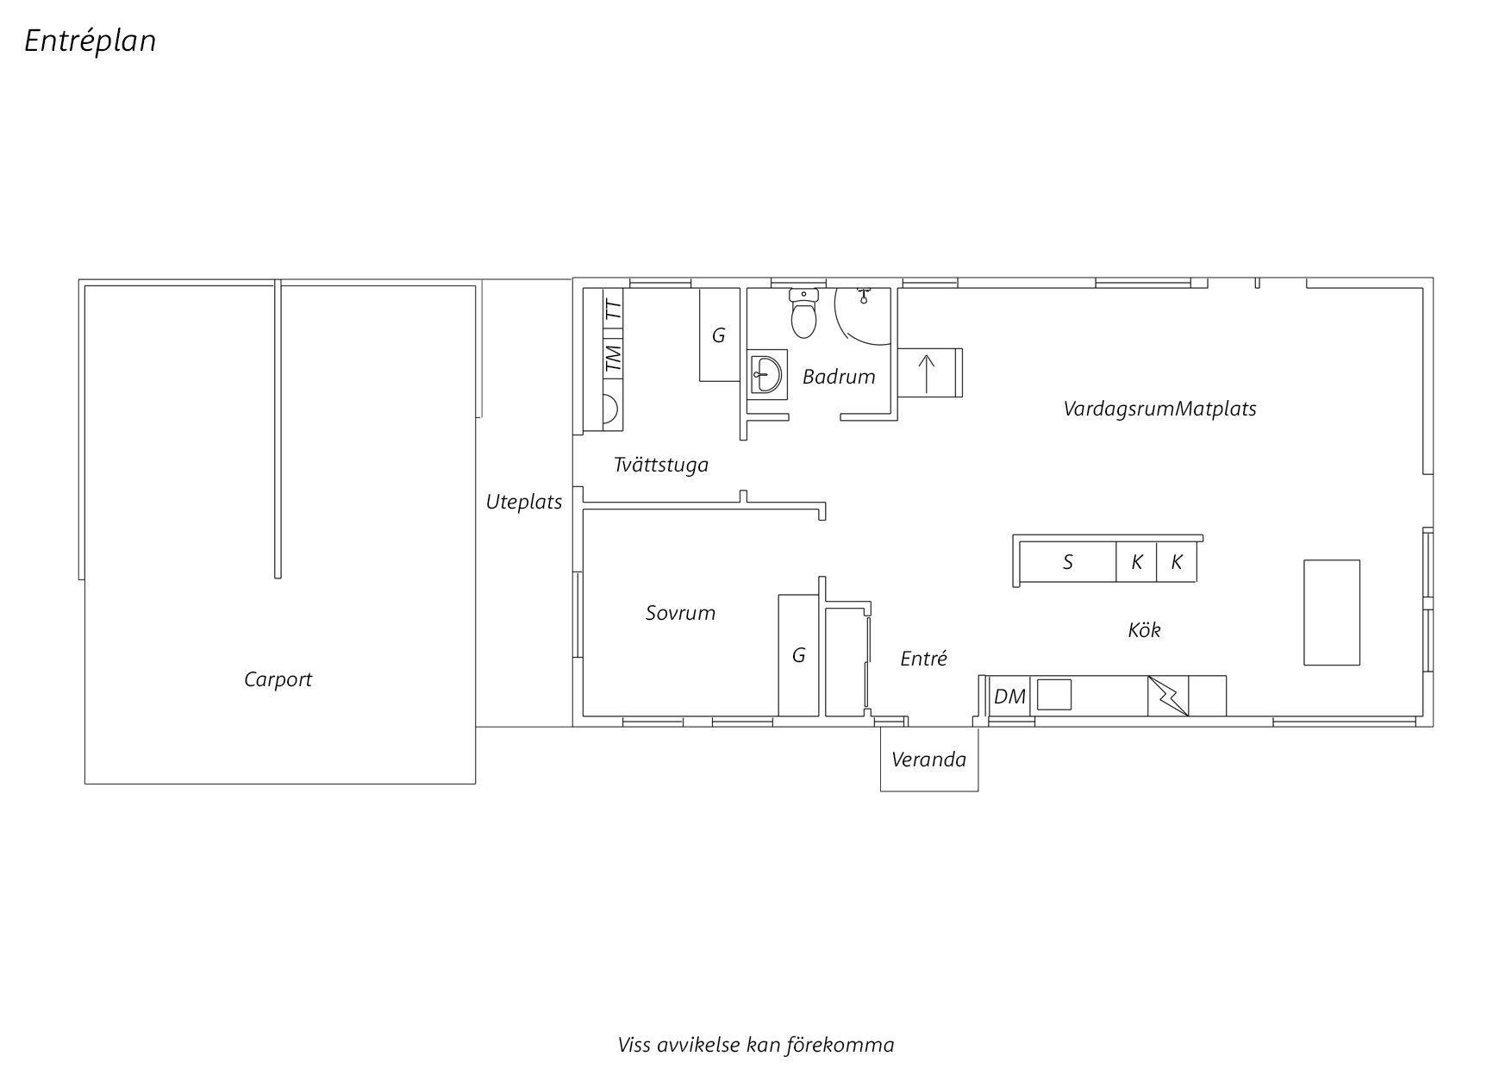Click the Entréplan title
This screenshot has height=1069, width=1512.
point(91,41)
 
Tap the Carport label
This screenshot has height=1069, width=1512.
point(278,679)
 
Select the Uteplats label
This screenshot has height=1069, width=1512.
point(524,502)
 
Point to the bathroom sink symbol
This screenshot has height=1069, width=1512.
point(766,373)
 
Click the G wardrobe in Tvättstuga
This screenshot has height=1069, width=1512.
point(719,335)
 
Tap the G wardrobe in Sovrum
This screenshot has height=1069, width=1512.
point(799,655)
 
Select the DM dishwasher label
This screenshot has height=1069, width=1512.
point(1009,696)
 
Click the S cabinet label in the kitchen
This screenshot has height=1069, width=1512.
point(1068,563)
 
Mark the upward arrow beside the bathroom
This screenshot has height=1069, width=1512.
point(928,372)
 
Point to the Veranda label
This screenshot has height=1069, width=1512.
point(929,760)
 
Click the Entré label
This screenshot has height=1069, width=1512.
point(924,659)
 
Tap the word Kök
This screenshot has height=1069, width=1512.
point(1145,630)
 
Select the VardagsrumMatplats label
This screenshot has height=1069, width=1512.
point(1159,409)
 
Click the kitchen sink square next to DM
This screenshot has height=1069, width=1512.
point(1053,694)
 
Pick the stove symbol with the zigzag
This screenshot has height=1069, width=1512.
point(1168,696)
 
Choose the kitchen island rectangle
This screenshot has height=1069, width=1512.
point(1332,612)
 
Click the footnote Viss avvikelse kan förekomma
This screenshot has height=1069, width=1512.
point(756,1045)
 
